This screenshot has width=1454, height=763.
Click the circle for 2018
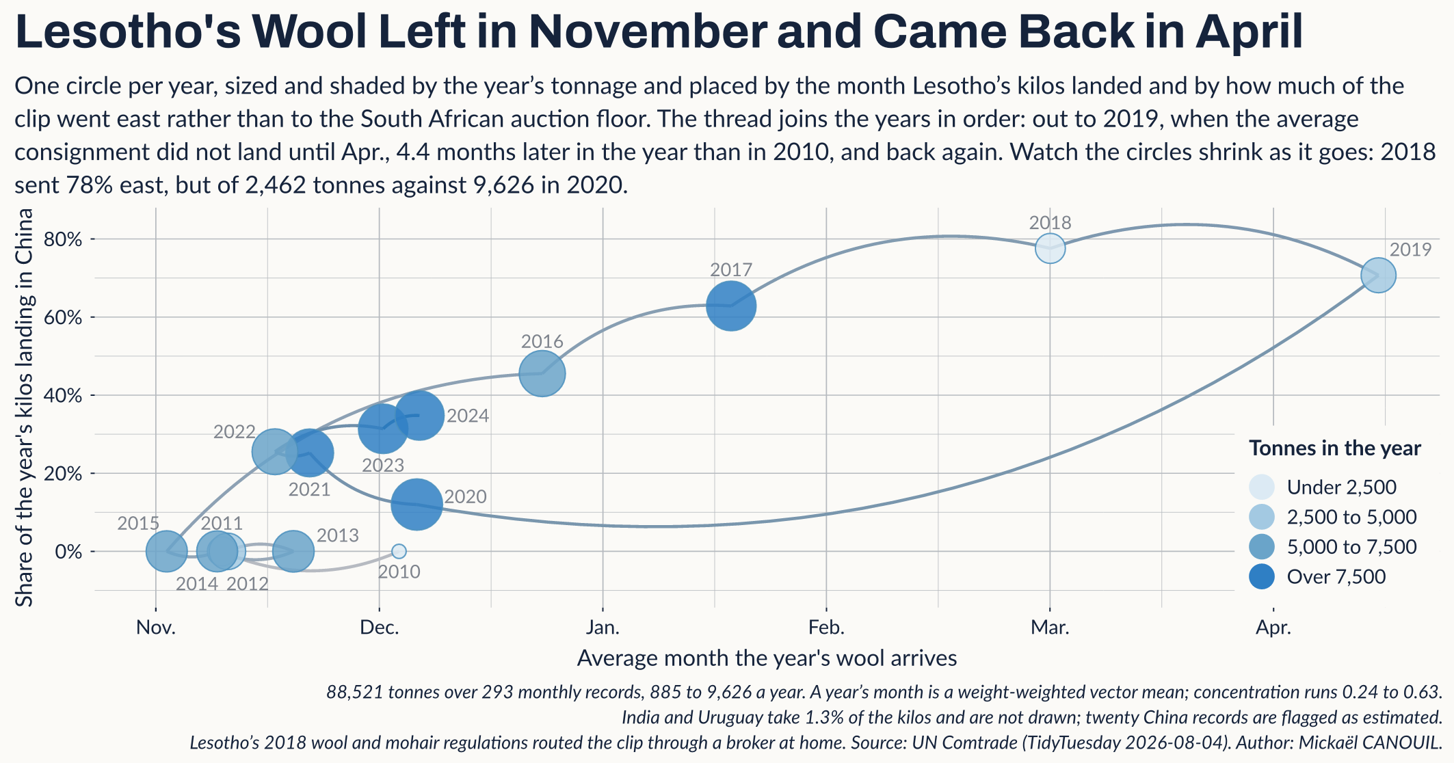point(1050,248)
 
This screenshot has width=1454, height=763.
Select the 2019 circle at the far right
point(1378,276)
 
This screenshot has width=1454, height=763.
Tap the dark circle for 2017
point(730,306)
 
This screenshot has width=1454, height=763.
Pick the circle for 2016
point(542,373)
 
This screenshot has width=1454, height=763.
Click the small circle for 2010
point(399,551)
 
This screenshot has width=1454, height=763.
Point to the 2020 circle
point(416,505)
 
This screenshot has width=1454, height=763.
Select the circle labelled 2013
point(293,551)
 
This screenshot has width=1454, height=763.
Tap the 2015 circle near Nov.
point(166,551)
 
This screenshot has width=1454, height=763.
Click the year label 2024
point(468,416)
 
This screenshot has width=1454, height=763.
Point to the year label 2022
point(235,432)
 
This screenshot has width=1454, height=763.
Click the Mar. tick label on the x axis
point(1050,627)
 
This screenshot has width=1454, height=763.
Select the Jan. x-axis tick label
point(603,627)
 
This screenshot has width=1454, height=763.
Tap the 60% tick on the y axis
point(63,317)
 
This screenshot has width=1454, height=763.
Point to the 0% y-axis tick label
point(68,552)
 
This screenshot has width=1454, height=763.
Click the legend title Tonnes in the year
point(1335,449)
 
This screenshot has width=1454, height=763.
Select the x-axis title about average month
point(767,658)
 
